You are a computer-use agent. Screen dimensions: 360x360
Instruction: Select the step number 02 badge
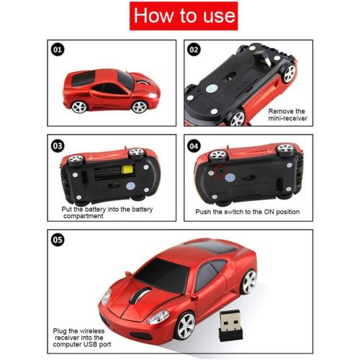click(194, 50)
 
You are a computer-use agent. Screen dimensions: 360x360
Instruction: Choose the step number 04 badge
click(194, 145)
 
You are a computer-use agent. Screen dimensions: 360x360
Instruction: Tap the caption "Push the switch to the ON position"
click(247, 212)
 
